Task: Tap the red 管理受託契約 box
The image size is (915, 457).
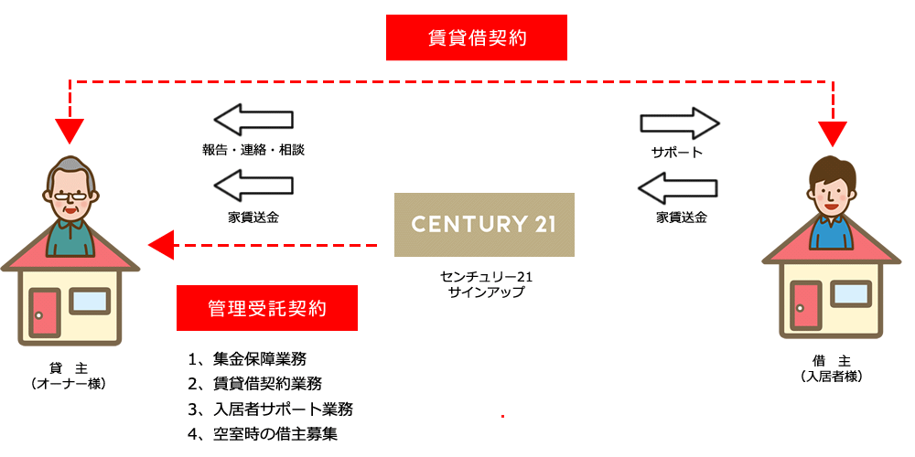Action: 267,308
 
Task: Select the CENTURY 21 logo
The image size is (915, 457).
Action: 484,224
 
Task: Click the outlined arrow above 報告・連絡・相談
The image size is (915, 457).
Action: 253,120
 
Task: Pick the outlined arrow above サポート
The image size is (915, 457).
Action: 680,122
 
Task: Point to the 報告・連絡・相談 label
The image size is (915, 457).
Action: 253,151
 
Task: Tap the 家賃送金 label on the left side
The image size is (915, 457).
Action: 253,218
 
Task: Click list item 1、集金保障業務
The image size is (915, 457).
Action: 246,357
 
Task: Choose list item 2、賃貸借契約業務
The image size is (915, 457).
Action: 253,383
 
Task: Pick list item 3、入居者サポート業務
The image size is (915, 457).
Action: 269,409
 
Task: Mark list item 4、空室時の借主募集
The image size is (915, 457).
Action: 262,433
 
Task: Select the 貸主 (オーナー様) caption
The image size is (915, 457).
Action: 69,376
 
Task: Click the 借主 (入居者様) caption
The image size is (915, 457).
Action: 832,368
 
